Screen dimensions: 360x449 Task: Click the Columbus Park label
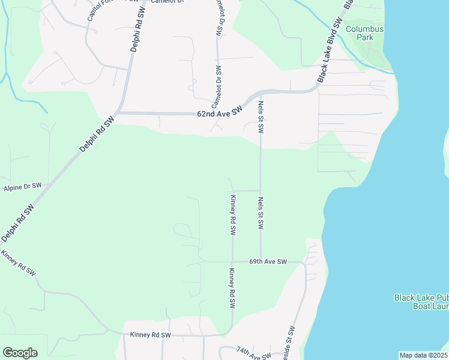(364, 33)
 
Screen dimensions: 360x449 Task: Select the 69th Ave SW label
(268, 262)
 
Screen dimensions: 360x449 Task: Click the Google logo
(20, 353)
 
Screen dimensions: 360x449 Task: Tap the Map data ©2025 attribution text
(423, 355)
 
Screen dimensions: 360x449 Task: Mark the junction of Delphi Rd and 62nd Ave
(119, 112)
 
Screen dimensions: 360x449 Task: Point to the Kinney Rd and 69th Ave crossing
(232, 262)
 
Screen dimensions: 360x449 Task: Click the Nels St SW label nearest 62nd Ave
(261, 116)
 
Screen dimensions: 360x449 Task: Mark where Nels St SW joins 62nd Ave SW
(261, 93)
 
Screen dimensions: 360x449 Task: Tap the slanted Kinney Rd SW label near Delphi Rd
(19, 264)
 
